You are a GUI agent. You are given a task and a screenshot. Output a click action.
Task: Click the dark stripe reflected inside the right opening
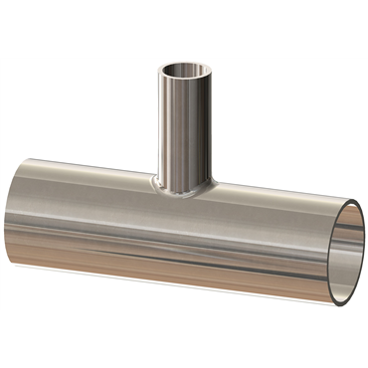343,261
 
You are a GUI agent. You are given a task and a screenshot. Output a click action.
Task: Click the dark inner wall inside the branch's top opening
186,71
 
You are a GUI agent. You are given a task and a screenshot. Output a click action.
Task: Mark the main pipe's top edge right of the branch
278,197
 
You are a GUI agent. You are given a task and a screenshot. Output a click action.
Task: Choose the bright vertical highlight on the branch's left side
167,129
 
